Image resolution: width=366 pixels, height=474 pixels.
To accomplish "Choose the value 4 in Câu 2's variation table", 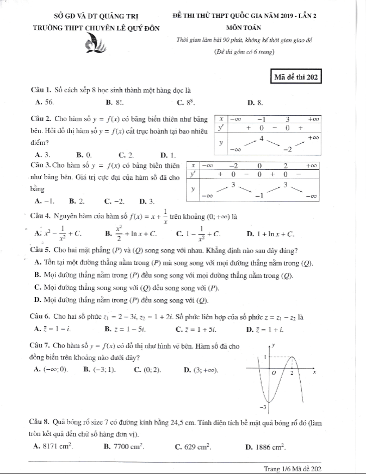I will pyautogui.click(x=262, y=139).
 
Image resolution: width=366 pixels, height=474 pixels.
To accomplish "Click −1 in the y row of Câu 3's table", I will pyautogui.click(x=260, y=195).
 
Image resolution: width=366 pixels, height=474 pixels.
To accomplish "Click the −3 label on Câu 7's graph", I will pyautogui.click(x=263, y=407).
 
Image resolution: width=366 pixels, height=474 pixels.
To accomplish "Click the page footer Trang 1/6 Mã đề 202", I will pyautogui.click(x=293, y=468).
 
